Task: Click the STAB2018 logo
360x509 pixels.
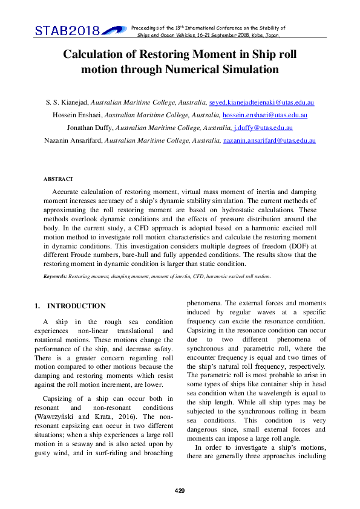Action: coord(72,30)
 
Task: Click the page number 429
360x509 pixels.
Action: coord(180,490)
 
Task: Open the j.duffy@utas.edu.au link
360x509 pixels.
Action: coord(263,128)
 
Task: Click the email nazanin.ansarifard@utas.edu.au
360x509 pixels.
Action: coord(269,140)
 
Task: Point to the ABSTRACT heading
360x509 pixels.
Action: coord(58,179)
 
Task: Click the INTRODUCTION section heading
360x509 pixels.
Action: coord(76,306)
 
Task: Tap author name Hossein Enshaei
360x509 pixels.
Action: coord(74,115)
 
